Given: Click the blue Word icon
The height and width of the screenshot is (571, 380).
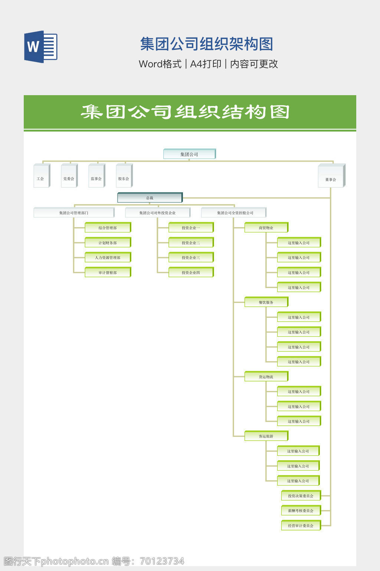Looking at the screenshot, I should (x=40, y=47).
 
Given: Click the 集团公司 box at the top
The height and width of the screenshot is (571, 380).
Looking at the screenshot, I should (x=189, y=154).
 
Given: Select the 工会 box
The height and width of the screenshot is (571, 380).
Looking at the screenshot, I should (x=42, y=176).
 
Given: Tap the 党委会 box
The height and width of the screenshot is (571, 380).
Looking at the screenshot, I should (x=69, y=176).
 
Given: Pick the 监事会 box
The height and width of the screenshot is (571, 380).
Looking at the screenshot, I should (x=96, y=176).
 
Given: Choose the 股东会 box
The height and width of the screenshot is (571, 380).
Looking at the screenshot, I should (x=124, y=176).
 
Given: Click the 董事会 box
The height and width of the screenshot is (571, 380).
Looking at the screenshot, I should (x=331, y=176).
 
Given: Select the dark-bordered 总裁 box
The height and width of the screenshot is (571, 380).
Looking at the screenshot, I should (x=150, y=198).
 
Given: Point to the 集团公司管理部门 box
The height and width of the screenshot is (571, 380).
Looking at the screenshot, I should (x=74, y=213).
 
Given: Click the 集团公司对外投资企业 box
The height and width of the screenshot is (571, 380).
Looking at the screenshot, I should (x=158, y=213).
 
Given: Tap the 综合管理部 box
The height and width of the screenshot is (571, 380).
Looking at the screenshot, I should (x=108, y=228).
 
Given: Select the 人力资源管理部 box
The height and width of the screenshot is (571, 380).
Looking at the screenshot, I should (x=108, y=257).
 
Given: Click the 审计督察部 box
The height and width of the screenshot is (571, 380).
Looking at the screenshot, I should (x=108, y=272).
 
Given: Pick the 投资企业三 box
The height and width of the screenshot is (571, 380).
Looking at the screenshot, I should (x=191, y=257).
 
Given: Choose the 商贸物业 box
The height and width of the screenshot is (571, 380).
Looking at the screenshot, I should (x=266, y=228).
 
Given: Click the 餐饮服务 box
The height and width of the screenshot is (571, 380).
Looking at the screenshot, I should (x=266, y=302).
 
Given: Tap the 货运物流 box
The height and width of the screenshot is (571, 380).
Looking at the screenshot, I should (x=266, y=377).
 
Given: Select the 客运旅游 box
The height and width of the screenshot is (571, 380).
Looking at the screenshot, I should (x=266, y=436).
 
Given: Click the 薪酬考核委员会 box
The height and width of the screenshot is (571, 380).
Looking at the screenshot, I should (x=301, y=510).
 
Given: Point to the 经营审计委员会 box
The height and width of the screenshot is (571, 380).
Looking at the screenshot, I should (x=301, y=526).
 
